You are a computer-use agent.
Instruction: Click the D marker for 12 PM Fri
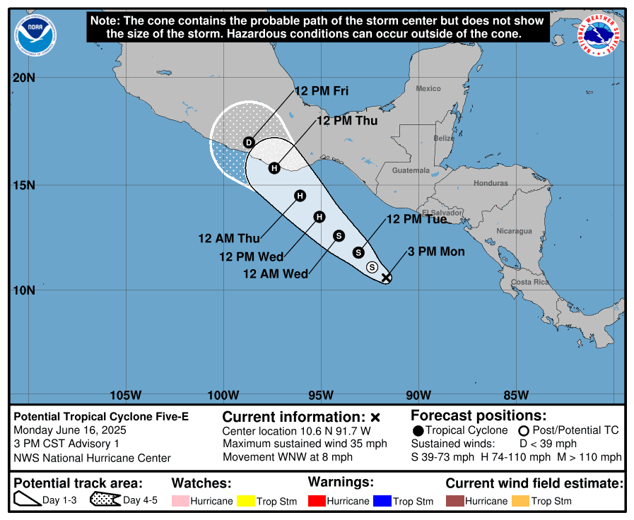(x=249, y=143)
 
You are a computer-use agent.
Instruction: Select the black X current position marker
(x=386, y=278)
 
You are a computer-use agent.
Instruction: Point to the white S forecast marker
(x=372, y=267)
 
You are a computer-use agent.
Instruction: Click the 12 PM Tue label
(x=416, y=219)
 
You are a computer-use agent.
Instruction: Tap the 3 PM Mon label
(x=436, y=252)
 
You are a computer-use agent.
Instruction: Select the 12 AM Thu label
(x=229, y=238)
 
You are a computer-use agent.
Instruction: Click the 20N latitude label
(x=24, y=78)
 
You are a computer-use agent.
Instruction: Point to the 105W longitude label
(x=127, y=394)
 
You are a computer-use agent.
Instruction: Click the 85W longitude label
(x=516, y=394)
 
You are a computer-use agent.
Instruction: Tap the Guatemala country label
(x=411, y=170)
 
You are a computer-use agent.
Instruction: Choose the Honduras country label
(x=491, y=183)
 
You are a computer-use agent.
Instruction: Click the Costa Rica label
(x=530, y=282)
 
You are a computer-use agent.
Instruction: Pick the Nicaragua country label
(x=514, y=231)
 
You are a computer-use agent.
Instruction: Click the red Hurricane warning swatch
(x=317, y=501)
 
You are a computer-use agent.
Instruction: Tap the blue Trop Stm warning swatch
(x=382, y=501)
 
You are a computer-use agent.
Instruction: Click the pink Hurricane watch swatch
(x=180, y=501)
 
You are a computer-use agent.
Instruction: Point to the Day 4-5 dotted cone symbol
(x=105, y=500)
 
